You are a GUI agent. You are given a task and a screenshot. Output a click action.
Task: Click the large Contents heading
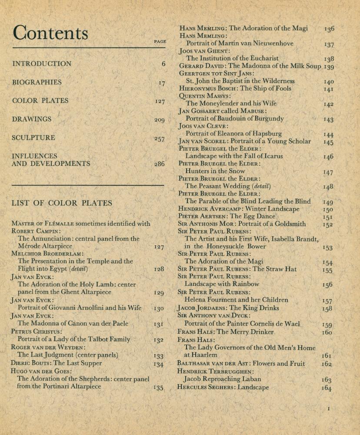(x=50, y=33)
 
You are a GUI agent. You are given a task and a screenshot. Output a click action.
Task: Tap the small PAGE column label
(x=160, y=42)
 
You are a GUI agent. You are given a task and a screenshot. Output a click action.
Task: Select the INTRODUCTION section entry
(x=42, y=64)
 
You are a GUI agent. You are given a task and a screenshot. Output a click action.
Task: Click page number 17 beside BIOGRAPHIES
(x=162, y=83)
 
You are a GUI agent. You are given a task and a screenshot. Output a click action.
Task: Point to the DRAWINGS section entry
(x=32, y=119)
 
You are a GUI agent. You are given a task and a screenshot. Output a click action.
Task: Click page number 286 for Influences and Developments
(x=160, y=164)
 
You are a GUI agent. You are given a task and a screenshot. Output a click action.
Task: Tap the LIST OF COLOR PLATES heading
(x=62, y=203)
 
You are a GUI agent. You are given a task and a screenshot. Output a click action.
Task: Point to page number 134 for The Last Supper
(x=159, y=364)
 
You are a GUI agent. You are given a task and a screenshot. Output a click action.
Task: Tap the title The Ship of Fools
(x=266, y=88)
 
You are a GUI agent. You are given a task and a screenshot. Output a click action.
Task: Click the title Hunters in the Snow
(x=215, y=171)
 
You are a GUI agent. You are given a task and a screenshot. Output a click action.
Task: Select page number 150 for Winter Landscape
(x=328, y=210)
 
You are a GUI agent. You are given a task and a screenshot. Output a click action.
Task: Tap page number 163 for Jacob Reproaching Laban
(x=327, y=380)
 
